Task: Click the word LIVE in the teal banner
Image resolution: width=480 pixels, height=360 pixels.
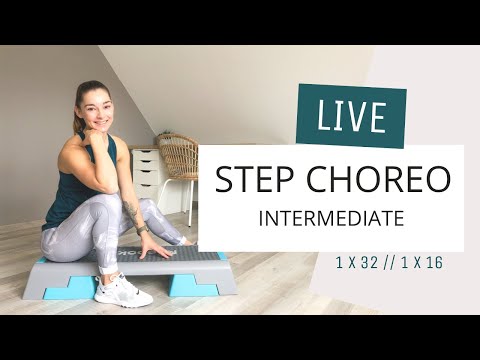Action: click(351, 116)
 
